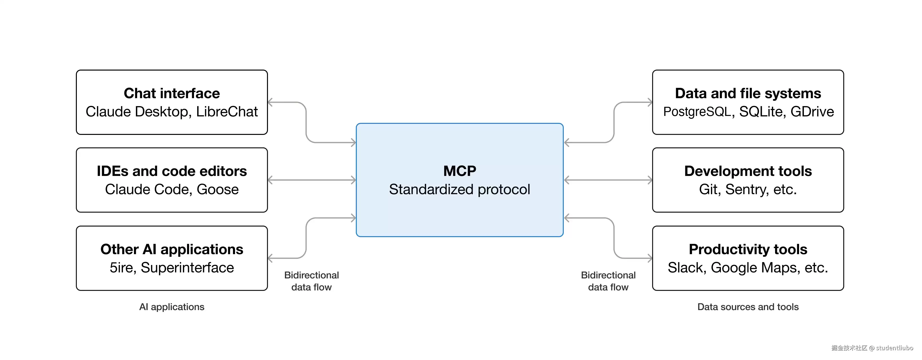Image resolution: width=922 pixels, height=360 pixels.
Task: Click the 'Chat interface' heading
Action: pyautogui.click(x=172, y=93)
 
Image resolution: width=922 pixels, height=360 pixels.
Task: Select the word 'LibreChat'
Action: pyautogui.click(x=227, y=112)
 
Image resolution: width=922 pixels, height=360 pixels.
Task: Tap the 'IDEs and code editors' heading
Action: pyautogui.click(x=172, y=171)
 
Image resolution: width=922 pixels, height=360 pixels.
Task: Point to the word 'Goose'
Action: pyautogui.click(x=218, y=189)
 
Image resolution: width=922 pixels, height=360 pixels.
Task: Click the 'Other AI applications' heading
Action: pyautogui.click(x=172, y=249)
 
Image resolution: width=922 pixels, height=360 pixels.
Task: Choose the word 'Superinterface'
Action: pyautogui.click(x=187, y=268)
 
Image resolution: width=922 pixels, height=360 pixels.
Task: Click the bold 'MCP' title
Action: pyautogui.click(x=460, y=171)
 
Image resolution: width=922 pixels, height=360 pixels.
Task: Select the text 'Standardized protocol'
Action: pyautogui.click(x=460, y=190)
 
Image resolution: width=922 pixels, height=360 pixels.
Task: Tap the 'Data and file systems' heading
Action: pyautogui.click(x=748, y=93)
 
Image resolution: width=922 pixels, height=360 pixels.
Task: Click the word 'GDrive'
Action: pyautogui.click(x=812, y=112)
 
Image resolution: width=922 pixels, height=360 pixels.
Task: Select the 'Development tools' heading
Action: pyautogui.click(x=748, y=171)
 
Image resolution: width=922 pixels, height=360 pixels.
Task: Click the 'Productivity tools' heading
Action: pyautogui.click(x=748, y=249)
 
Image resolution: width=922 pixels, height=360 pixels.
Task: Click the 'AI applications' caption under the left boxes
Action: pyautogui.click(x=172, y=307)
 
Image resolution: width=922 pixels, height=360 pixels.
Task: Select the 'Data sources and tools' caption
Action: pyautogui.click(x=748, y=307)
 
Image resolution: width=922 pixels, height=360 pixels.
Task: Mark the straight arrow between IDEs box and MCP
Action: pyautogui.click(x=312, y=180)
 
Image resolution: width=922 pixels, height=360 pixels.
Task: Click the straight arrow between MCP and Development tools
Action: pyautogui.click(x=608, y=180)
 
